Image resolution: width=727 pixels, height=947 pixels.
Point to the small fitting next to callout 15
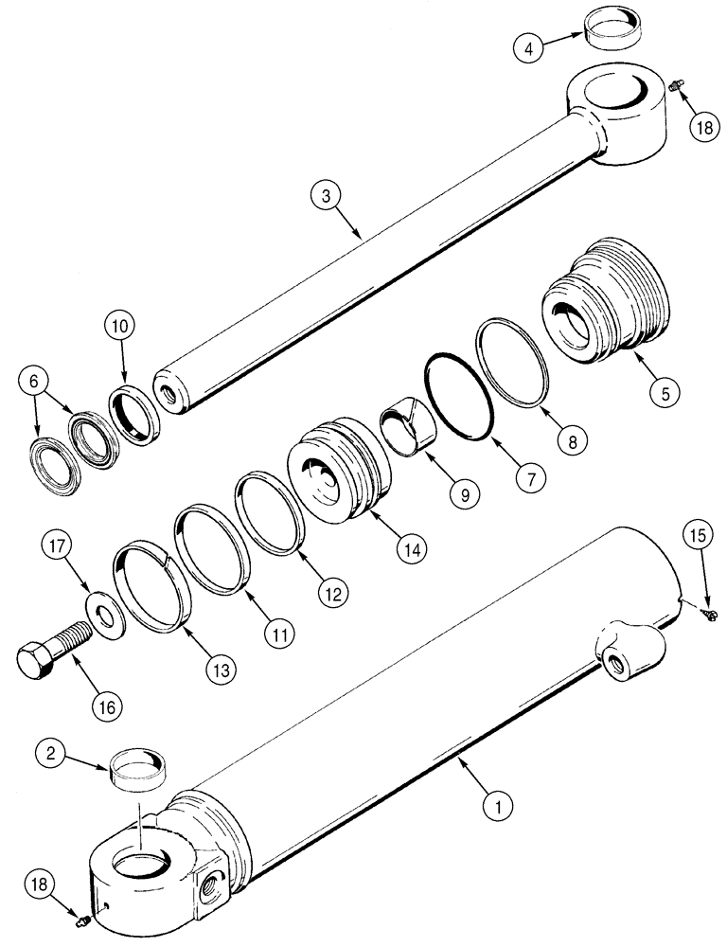pos(708,616)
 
